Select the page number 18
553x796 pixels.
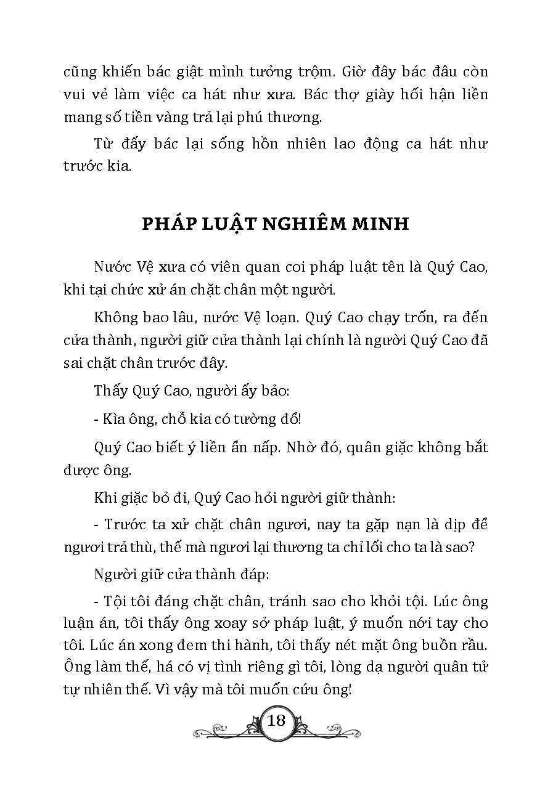coord(276,720)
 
